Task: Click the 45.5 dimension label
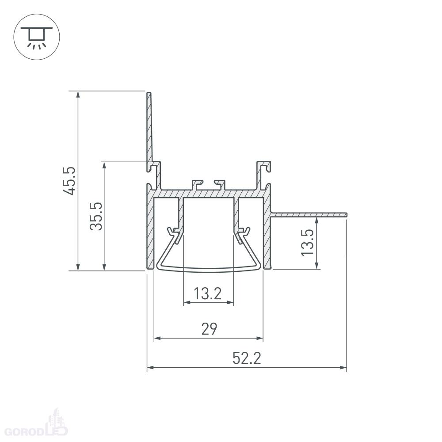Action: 69,181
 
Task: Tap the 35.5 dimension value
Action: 96,216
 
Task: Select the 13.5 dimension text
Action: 307,242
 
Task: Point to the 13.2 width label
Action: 208,293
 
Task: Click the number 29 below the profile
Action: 209,329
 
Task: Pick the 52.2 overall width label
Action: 247,358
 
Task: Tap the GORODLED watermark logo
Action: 37,423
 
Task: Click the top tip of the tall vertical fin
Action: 149,93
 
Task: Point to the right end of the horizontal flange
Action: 347,215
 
